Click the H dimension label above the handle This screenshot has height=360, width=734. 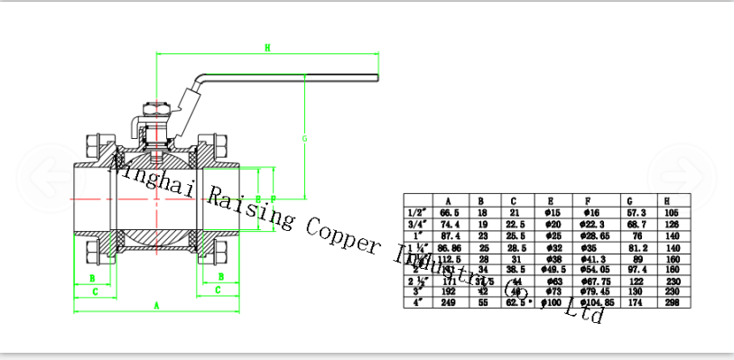[x=268, y=47]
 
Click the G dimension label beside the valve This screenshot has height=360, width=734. [x=305, y=138]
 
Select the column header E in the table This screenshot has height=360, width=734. [x=550, y=200]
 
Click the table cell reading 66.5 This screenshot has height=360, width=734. [x=450, y=212]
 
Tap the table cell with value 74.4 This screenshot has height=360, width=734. [x=450, y=224]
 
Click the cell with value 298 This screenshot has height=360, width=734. [x=670, y=304]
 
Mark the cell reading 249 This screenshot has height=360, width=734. [x=450, y=304]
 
